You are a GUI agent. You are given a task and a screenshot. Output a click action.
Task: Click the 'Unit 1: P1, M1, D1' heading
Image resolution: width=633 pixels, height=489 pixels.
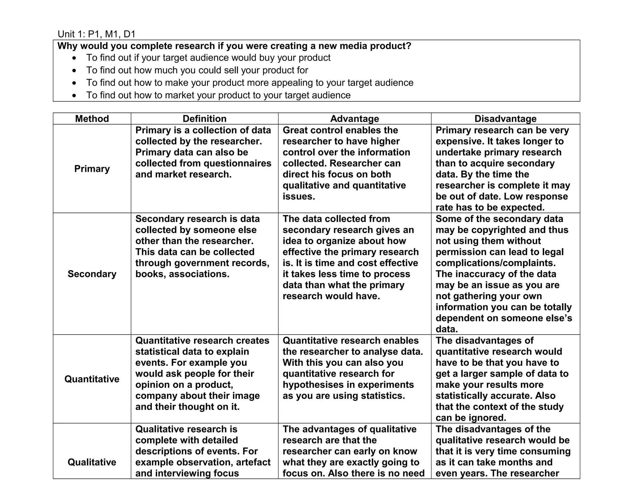coord(96,34)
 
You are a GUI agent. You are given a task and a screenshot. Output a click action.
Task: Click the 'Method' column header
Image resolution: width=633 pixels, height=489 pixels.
coord(92,119)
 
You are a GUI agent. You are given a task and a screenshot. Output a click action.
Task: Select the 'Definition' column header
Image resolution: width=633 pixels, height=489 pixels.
coord(204,119)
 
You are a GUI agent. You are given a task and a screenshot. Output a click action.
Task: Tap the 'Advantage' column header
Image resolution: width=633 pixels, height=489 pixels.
coord(355,119)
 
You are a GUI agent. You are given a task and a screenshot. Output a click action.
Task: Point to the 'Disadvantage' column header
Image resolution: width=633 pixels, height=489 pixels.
coord(505,119)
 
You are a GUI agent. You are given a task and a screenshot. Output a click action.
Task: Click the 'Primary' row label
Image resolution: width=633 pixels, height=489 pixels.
coord(92,169)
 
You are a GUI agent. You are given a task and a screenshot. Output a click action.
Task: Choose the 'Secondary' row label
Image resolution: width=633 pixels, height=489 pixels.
coord(92,274)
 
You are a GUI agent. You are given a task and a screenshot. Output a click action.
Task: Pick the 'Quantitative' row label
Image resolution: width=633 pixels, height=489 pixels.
coord(92,379)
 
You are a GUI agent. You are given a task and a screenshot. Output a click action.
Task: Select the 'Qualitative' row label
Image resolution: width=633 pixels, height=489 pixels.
coord(92,462)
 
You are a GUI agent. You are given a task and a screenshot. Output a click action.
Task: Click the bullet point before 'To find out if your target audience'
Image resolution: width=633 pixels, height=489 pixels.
coord(74,58)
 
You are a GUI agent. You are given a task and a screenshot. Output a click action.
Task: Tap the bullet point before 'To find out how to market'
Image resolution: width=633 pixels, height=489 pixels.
coord(74,96)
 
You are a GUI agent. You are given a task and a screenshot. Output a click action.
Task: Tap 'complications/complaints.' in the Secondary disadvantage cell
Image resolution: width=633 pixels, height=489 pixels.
coord(495,263)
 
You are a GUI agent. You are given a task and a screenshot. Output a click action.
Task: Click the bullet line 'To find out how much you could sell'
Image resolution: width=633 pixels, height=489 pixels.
coord(197,70)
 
